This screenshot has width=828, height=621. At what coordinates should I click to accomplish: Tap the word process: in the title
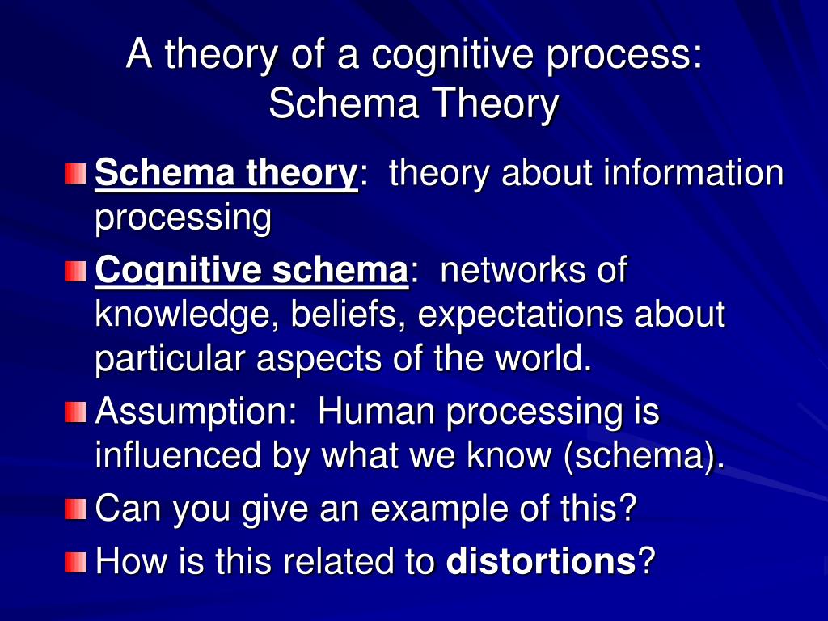pyautogui.click(x=625, y=56)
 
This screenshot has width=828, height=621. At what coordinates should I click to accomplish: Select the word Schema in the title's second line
pyautogui.click(x=344, y=103)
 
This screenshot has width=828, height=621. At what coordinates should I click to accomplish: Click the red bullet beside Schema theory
pyautogui.click(x=75, y=174)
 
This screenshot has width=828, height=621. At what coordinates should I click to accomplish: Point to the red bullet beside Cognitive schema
pyautogui.click(x=75, y=272)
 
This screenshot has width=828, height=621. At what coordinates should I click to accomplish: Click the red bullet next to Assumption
pyautogui.click(x=75, y=412)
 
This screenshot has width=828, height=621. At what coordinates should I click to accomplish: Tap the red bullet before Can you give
pyautogui.click(x=75, y=509)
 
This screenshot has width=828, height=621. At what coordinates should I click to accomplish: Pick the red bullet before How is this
pyautogui.click(x=75, y=562)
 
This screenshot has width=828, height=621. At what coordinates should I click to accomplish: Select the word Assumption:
pyautogui.click(x=196, y=412)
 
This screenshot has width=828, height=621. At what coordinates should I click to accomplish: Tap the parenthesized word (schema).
pyautogui.click(x=644, y=456)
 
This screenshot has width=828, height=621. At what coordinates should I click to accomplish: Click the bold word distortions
pyautogui.click(x=541, y=561)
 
